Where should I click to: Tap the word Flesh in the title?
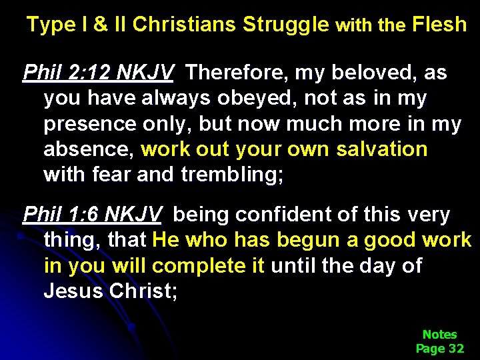point(439,25)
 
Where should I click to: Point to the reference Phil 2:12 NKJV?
point(98,72)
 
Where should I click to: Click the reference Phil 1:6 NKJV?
point(92,215)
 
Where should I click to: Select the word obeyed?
point(263,98)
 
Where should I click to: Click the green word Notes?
point(439,334)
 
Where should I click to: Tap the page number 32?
point(456,348)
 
